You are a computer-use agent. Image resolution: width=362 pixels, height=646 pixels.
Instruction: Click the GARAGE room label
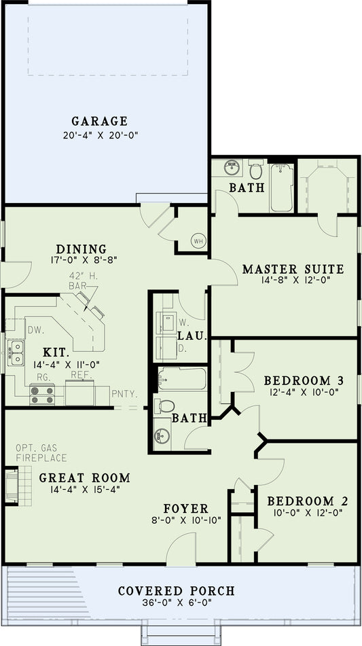point(100,122)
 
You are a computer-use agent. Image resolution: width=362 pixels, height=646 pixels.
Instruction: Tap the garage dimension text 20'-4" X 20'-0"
point(100,135)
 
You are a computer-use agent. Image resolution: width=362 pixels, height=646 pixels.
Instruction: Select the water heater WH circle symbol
point(198,240)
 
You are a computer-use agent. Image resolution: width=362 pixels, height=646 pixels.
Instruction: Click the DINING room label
point(82,249)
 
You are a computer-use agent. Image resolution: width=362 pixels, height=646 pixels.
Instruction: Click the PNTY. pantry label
point(124,393)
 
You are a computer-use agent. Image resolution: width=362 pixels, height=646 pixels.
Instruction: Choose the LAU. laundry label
point(187,336)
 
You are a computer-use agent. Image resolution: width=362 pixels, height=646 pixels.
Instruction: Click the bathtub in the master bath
point(282,187)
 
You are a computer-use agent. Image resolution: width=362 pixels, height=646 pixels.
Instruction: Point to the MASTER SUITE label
point(293,270)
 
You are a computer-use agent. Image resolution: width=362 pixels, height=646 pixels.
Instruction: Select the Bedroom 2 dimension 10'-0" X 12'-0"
point(307,514)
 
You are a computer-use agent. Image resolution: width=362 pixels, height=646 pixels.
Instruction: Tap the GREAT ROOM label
point(84,478)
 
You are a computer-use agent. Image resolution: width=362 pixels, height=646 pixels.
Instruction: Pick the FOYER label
point(186,508)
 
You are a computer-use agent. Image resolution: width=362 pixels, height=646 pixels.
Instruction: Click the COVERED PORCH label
point(176,591)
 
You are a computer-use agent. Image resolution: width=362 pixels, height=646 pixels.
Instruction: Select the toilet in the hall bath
point(164,406)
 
